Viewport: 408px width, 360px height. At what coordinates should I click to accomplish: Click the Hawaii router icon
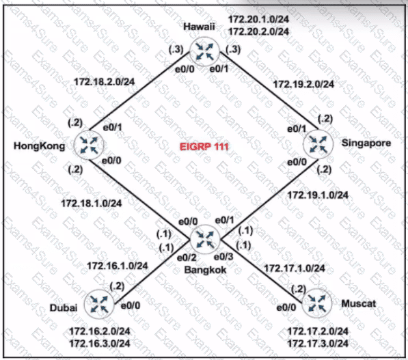pyautogui.click(x=205, y=51)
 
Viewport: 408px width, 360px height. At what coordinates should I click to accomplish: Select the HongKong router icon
pyautogui.click(x=89, y=145)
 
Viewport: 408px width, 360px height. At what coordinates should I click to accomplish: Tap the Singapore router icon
pyautogui.click(x=318, y=144)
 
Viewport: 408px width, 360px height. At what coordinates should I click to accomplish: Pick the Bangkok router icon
pyautogui.click(x=205, y=239)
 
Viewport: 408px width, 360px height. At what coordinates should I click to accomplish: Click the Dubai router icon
pyautogui.click(x=99, y=305)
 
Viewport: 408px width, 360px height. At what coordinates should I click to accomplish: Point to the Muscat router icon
pyautogui.click(x=317, y=303)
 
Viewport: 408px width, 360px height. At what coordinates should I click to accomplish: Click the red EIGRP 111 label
pyautogui.click(x=204, y=147)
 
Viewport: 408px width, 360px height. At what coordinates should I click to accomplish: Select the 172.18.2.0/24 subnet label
pyautogui.click(x=105, y=82)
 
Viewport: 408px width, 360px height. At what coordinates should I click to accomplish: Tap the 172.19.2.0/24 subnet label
pyautogui.click(x=303, y=84)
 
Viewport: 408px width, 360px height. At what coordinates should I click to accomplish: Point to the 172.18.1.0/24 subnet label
pyautogui.click(x=92, y=203)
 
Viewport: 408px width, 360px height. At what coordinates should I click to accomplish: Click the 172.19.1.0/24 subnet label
pyautogui.click(x=318, y=195)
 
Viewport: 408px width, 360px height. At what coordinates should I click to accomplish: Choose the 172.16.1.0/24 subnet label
pyautogui.click(x=118, y=266)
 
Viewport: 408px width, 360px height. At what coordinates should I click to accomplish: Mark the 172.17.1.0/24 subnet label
pyautogui.click(x=295, y=268)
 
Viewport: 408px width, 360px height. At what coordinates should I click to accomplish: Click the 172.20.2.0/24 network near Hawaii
pyautogui.click(x=258, y=31)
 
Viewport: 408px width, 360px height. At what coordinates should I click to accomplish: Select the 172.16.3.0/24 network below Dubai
pyautogui.click(x=100, y=344)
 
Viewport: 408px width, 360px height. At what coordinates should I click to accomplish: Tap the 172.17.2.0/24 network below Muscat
pyautogui.click(x=318, y=331)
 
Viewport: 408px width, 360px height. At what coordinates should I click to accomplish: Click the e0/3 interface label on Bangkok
pyautogui.click(x=223, y=257)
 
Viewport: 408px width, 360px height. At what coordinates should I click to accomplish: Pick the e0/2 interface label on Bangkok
pyautogui.click(x=187, y=258)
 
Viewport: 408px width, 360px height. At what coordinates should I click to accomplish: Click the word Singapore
pyautogui.click(x=366, y=143)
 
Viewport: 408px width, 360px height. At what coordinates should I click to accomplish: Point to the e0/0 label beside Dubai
pyautogui.click(x=131, y=305)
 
